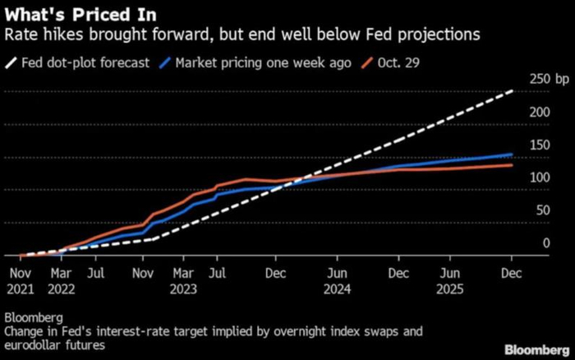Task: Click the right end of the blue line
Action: pyautogui.click(x=513, y=155)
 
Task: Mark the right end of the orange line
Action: pyautogui.click(x=513, y=165)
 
